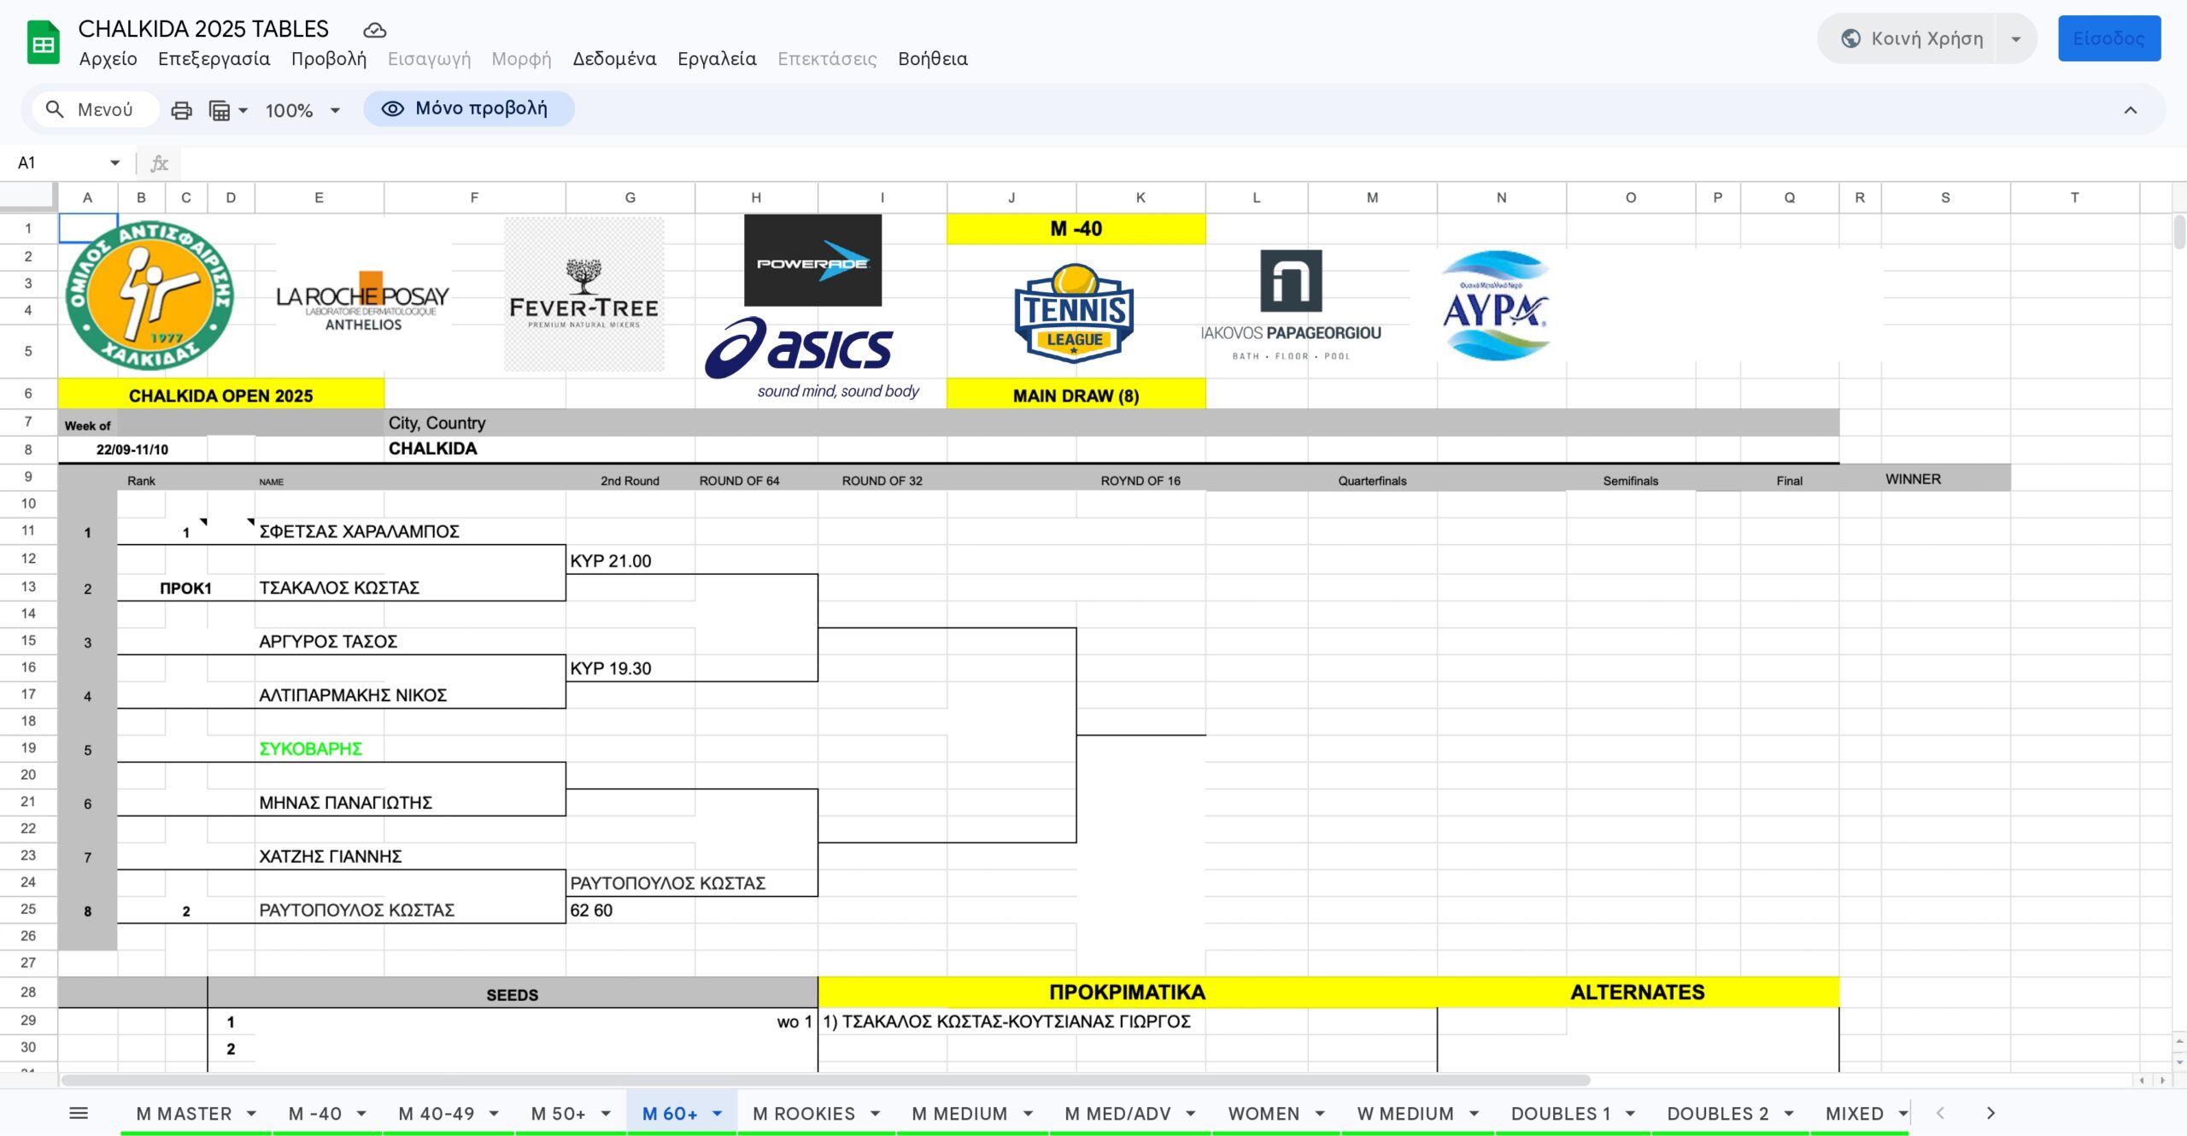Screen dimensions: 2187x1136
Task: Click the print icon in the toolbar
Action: coord(181,110)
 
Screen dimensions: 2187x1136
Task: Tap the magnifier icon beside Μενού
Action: coord(55,109)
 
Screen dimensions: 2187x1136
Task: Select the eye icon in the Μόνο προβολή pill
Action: coord(392,108)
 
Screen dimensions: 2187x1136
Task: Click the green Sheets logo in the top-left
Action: coord(43,43)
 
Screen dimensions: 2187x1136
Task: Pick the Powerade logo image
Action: coord(812,261)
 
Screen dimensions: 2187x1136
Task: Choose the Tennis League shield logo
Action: coord(1074,313)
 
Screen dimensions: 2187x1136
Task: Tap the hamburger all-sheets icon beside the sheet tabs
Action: coord(79,1113)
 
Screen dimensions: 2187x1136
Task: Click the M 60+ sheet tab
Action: coord(670,1114)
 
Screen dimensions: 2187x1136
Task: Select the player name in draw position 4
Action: coord(353,695)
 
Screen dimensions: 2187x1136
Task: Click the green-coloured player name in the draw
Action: coord(311,749)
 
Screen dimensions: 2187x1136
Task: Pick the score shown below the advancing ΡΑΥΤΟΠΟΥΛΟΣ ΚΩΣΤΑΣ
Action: coord(591,911)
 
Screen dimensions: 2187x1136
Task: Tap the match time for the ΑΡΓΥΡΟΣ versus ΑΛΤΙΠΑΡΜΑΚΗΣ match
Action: coord(611,669)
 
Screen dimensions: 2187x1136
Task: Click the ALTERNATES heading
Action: coord(1638,993)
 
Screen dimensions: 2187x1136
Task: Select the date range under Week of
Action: coord(132,449)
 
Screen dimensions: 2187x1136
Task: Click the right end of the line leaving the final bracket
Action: coord(1205,735)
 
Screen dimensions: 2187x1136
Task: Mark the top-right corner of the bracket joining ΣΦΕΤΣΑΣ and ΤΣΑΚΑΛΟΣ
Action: coord(566,545)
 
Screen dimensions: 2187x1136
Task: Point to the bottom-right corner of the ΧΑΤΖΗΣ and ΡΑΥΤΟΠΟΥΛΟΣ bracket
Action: coord(566,923)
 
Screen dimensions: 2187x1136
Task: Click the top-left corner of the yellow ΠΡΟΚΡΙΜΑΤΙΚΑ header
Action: coord(818,977)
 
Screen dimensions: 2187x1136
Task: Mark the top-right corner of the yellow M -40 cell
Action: coord(1205,214)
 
